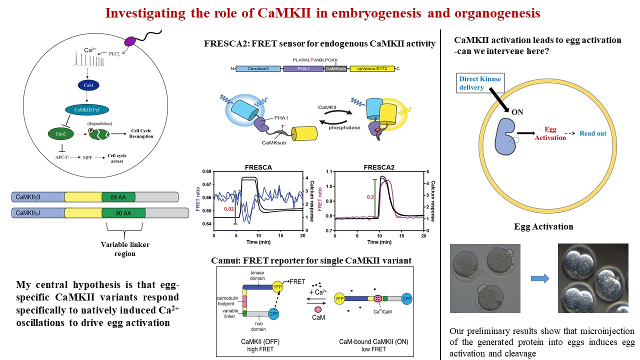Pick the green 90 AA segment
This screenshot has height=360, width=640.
point(123,213)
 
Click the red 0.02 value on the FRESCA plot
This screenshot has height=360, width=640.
point(229,208)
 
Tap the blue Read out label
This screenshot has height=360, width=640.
point(592,133)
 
